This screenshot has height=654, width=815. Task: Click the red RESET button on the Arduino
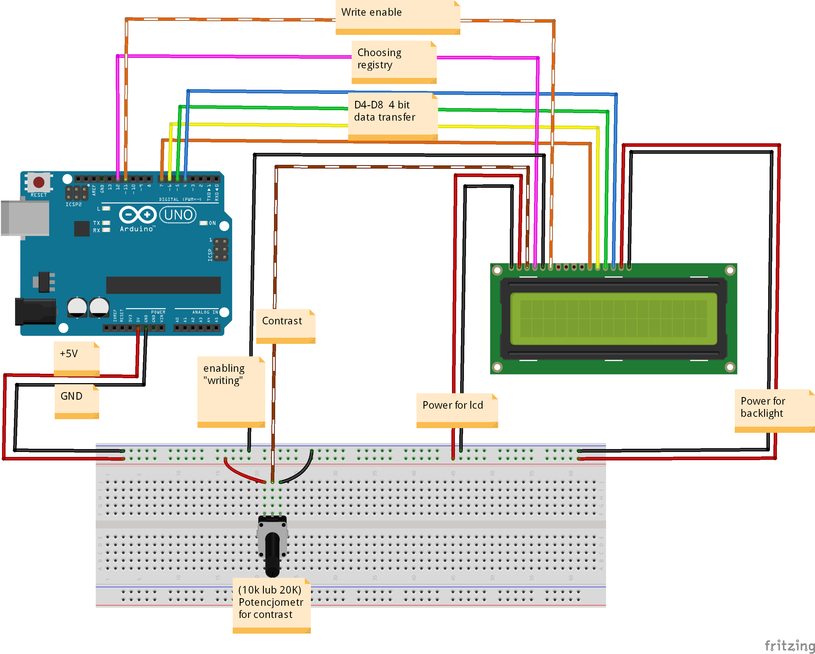39,182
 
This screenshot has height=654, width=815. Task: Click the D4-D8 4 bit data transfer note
393,115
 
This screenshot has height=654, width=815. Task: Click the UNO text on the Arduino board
178,215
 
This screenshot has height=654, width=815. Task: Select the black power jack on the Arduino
35,311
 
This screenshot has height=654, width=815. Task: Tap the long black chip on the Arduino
163,285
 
